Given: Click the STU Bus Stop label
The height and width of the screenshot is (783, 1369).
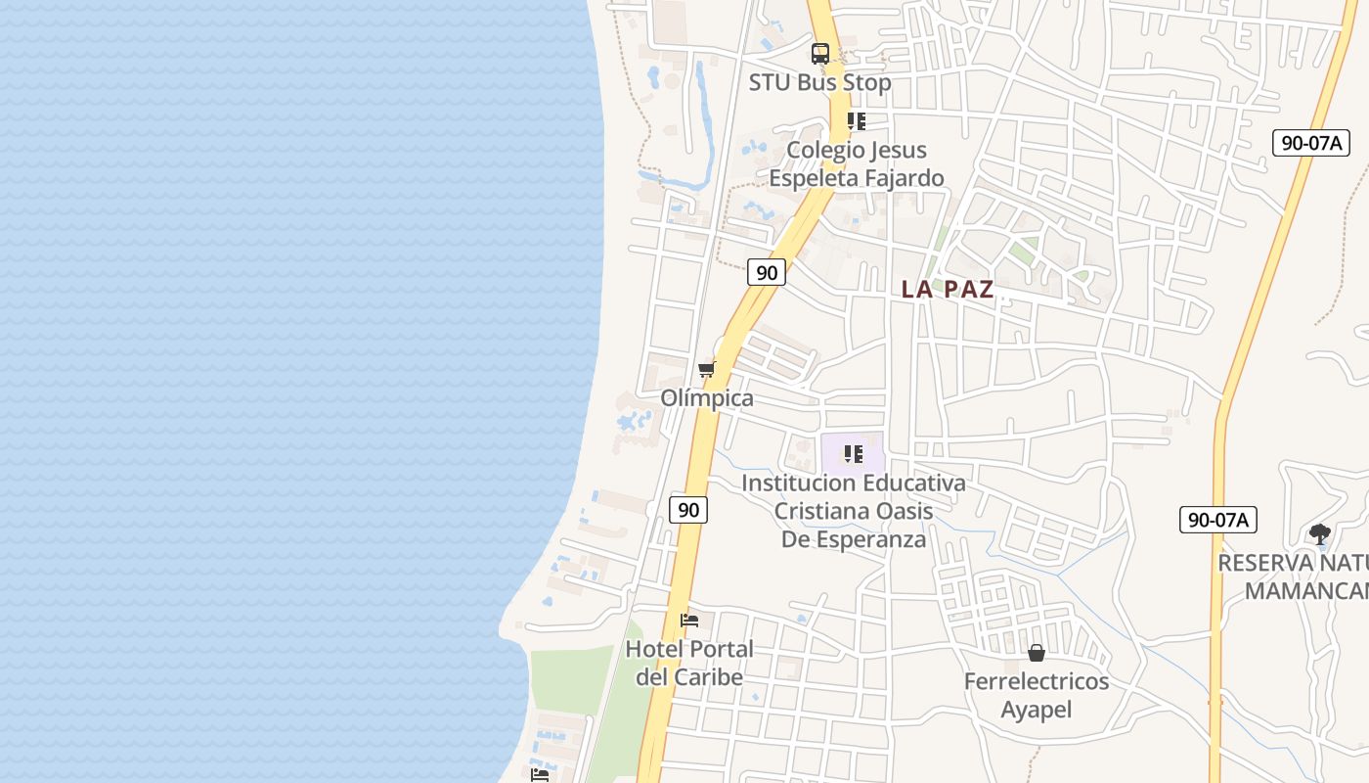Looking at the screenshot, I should click(819, 82).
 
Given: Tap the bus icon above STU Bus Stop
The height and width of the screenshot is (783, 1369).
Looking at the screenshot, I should click(820, 53).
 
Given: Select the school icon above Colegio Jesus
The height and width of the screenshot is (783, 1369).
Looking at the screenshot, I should click(856, 121).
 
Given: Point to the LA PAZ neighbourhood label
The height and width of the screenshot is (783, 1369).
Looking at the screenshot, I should click(947, 289).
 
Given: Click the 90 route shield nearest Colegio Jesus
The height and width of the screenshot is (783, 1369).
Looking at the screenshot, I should click(767, 272).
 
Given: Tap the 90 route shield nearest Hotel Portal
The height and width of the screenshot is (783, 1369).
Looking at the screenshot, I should click(688, 509).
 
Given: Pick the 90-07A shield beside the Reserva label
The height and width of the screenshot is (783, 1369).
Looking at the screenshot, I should click(1217, 520).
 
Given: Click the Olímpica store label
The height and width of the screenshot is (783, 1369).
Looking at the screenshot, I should click(707, 398).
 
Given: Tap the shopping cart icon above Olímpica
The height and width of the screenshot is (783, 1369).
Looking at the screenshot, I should click(706, 369).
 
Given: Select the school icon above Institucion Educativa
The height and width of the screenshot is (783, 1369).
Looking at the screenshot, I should click(853, 454).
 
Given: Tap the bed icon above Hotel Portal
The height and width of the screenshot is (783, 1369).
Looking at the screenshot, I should click(689, 620).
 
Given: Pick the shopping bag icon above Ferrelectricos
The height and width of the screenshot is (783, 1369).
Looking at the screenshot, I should click(1037, 652).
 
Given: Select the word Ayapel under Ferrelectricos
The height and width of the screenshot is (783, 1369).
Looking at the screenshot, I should click(1037, 709).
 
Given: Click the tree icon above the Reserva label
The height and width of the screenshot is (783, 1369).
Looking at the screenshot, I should click(1320, 533).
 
